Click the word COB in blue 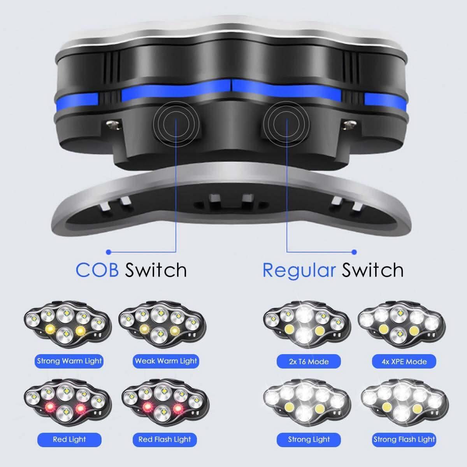coord(97,270)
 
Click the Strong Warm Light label coord(69,361)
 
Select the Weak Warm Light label coord(166,361)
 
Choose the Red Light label coord(69,440)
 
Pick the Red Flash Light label coord(165,440)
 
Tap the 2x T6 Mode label coord(309,362)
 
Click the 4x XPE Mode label coord(404,362)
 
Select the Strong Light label coord(309,440)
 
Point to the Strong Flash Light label coord(404,440)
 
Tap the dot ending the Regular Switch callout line coord(354,252)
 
